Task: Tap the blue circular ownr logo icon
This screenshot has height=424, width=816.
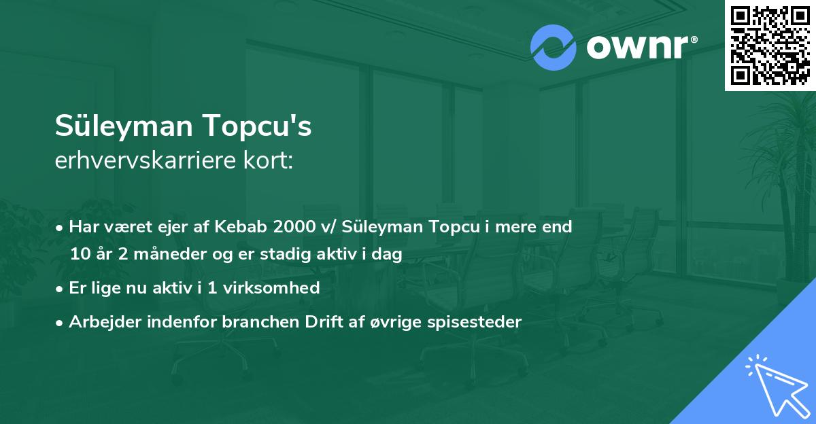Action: [553, 48]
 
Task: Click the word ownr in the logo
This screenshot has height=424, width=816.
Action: [637, 48]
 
